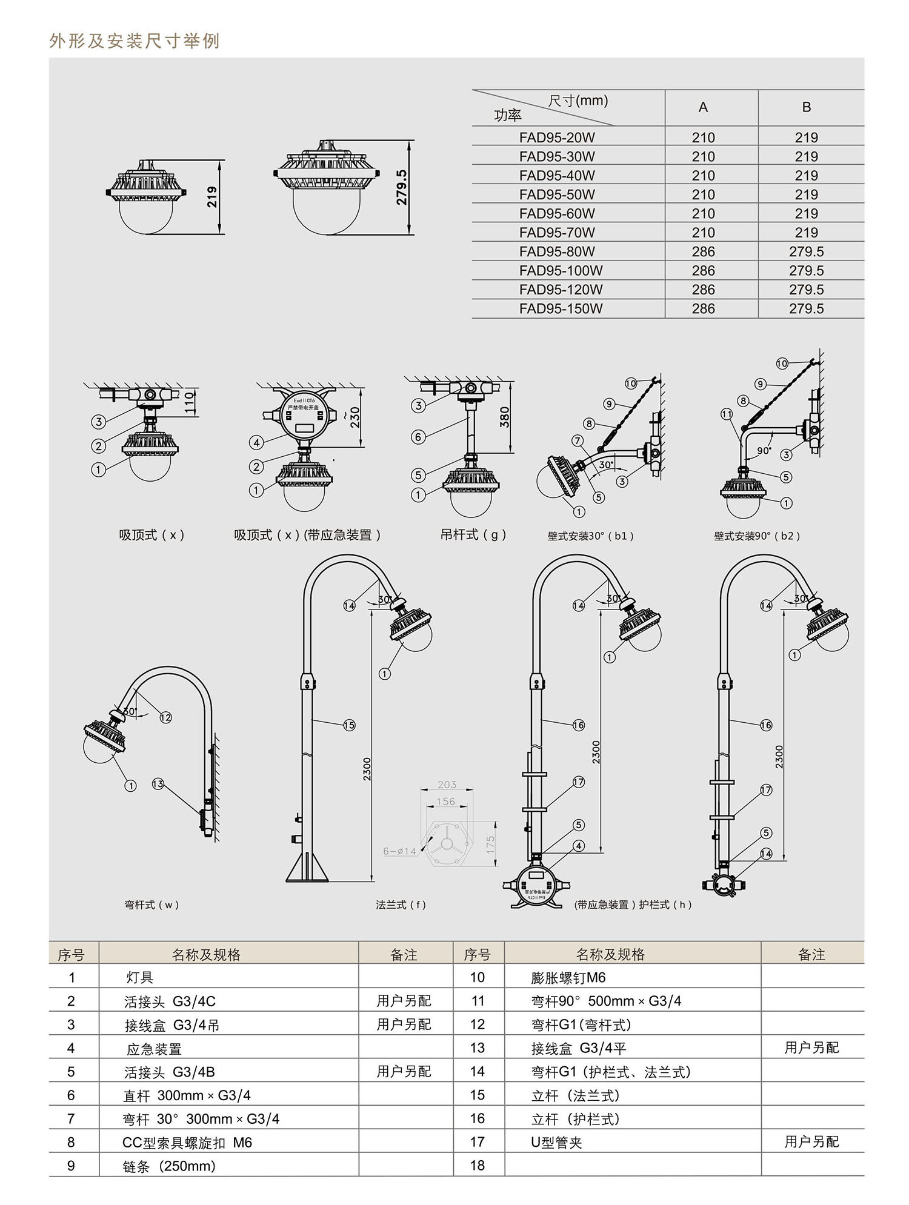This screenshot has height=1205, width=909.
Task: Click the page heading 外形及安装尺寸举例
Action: pyautogui.click(x=134, y=41)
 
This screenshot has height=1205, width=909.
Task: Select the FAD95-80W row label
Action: pyautogui.click(x=557, y=251)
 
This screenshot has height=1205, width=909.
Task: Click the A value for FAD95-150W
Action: pyautogui.click(x=703, y=309)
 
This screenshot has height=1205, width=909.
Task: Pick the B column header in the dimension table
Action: pyautogui.click(x=806, y=107)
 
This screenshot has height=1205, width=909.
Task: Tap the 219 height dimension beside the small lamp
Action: pyautogui.click(x=212, y=197)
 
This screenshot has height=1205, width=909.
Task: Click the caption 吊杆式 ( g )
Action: pyautogui.click(x=473, y=535)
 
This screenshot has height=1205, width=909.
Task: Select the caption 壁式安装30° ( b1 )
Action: pyautogui.click(x=590, y=536)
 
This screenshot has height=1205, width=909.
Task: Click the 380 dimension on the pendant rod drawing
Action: pyautogui.click(x=504, y=417)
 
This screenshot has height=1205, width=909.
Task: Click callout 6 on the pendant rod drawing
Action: pyautogui.click(x=418, y=437)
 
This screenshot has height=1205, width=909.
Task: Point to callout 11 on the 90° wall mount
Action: pyautogui.click(x=727, y=414)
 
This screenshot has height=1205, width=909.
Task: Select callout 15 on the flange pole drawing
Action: pyautogui.click(x=349, y=725)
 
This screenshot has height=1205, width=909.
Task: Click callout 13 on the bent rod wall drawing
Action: pyautogui.click(x=158, y=784)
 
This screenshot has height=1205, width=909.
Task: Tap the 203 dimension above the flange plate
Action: pyautogui.click(x=447, y=785)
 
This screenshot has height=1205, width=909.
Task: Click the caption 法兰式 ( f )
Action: pyautogui.click(x=401, y=905)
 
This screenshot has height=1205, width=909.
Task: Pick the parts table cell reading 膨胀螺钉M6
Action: pyautogui.click(x=568, y=978)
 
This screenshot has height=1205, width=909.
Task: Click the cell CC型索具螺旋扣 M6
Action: pyautogui.click(x=187, y=1143)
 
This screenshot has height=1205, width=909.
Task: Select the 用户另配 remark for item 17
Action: pyautogui.click(x=811, y=1142)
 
